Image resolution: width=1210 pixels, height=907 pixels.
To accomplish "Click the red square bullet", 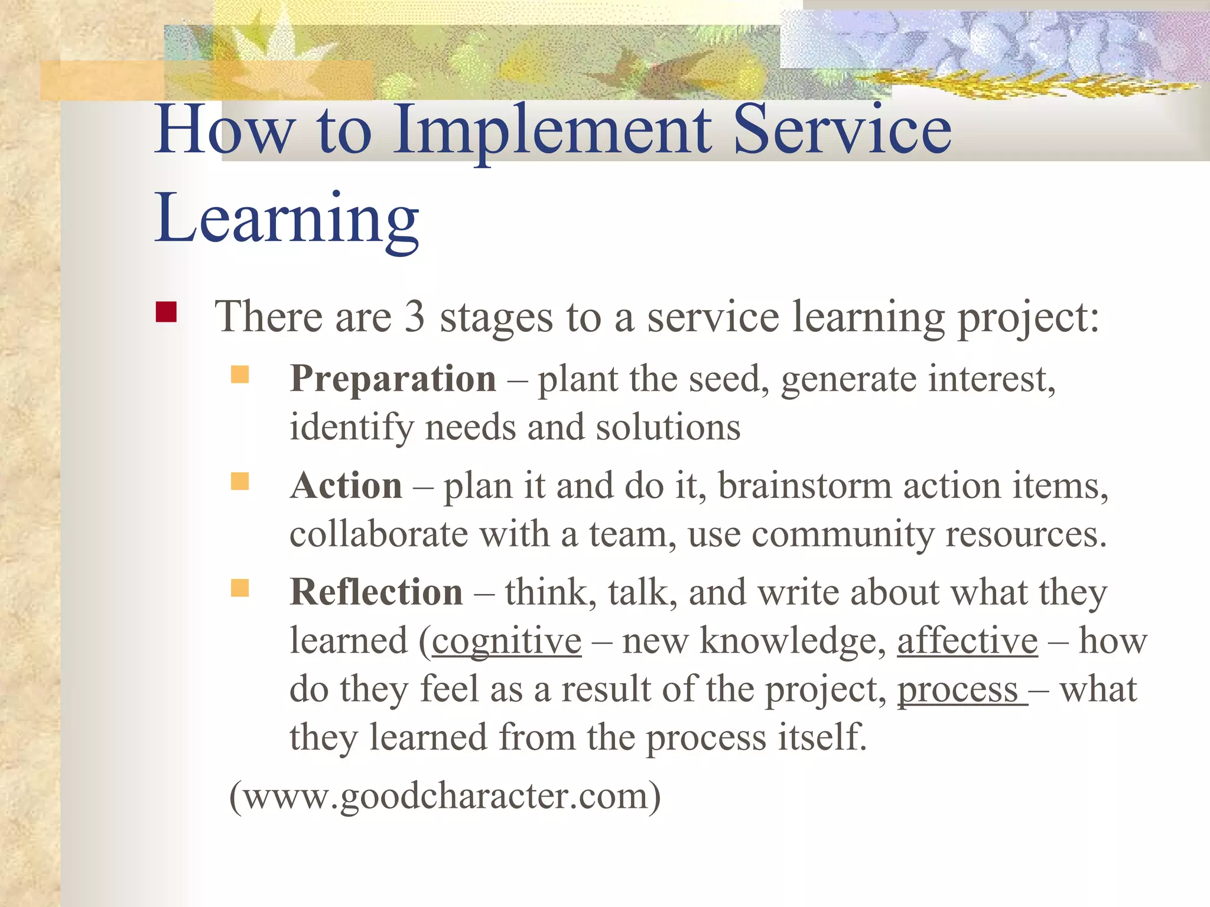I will (166, 312).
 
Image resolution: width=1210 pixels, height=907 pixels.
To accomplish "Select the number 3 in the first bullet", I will (415, 317).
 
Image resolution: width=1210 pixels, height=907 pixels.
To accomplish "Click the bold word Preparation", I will (393, 379).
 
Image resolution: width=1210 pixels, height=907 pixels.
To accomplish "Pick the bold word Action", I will (346, 486).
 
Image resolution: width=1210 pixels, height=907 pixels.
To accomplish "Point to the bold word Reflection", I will (376, 592).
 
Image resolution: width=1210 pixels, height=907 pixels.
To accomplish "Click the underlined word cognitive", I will (506, 642).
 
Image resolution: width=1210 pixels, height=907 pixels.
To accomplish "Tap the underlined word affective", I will (967, 641).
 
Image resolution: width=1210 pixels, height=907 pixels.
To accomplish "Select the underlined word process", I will (958, 690).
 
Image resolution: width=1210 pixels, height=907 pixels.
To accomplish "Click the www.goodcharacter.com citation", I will (445, 796).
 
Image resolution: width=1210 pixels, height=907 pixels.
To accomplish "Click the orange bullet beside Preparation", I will (239, 374).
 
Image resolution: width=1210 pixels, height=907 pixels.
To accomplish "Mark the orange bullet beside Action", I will (239, 481).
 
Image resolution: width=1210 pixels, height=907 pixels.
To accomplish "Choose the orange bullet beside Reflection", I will (239, 588).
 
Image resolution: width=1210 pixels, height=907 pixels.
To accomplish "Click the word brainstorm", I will (805, 486).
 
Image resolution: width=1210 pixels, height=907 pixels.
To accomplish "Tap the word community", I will (843, 534).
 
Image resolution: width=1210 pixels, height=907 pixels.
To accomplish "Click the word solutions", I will (668, 427).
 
